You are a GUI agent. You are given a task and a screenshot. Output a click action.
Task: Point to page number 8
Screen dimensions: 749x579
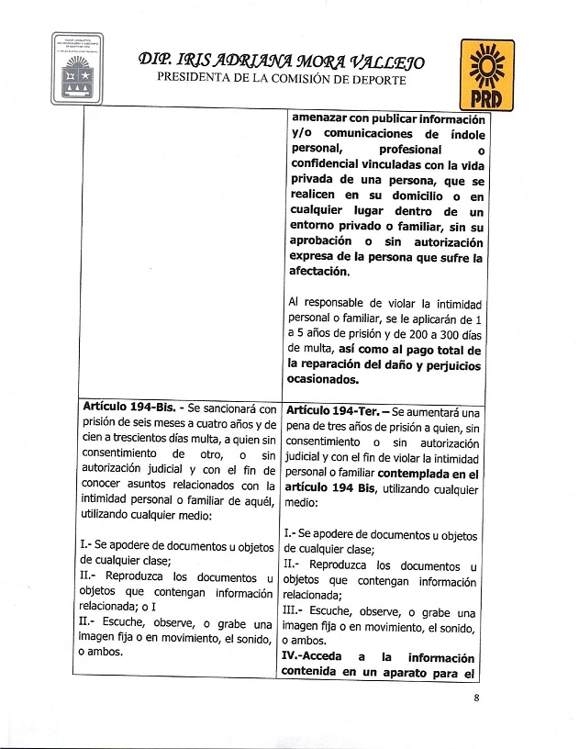477,698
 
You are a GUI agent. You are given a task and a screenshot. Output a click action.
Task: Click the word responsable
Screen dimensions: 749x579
340,303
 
